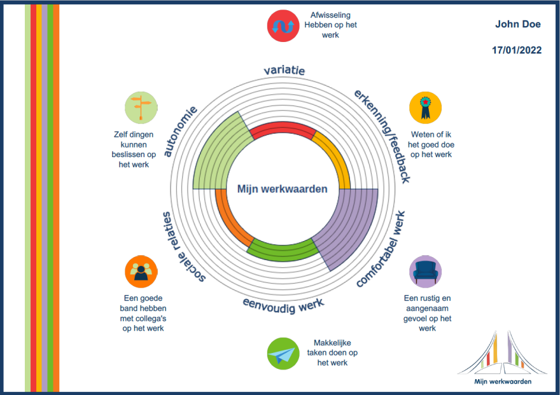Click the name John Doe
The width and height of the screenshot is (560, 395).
pos(517,24)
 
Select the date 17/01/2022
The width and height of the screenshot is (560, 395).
pos(517,50)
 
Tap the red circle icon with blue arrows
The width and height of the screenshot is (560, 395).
pos(283,26)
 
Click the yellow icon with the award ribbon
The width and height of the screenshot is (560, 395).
pos(425,106)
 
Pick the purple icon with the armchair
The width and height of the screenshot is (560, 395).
pos(425,272)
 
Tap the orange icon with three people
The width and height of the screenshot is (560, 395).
pos(141,272)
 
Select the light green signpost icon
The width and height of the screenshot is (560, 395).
pos(141,106)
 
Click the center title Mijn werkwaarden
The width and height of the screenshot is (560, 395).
pos(283,189)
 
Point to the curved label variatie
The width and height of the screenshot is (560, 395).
pos(284,70)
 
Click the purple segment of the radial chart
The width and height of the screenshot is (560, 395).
pos(350,226)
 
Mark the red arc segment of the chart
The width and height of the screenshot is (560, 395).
pos(283,131)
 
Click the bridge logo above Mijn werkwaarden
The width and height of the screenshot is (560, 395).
pos(502,353)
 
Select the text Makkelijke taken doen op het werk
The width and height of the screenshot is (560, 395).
pos(333,352)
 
